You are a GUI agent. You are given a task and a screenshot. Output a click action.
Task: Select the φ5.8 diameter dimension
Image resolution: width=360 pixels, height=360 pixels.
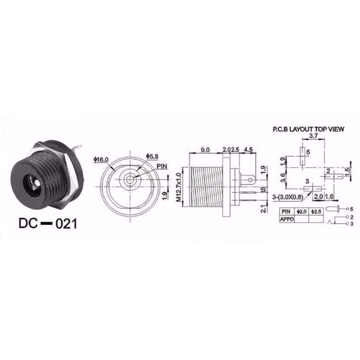(152, 156)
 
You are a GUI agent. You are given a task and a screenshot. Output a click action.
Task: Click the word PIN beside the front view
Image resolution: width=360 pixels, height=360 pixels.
(162, 166)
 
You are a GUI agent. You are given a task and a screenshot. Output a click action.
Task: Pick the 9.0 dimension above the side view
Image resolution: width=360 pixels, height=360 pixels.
(205, 149)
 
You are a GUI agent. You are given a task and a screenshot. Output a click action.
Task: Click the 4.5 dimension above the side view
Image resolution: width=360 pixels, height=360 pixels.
(248, 149)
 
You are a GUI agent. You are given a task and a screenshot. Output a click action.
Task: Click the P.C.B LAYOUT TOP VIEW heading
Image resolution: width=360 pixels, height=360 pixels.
(308, 129)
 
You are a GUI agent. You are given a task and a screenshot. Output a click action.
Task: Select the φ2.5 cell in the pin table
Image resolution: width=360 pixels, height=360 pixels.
(315, 211)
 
